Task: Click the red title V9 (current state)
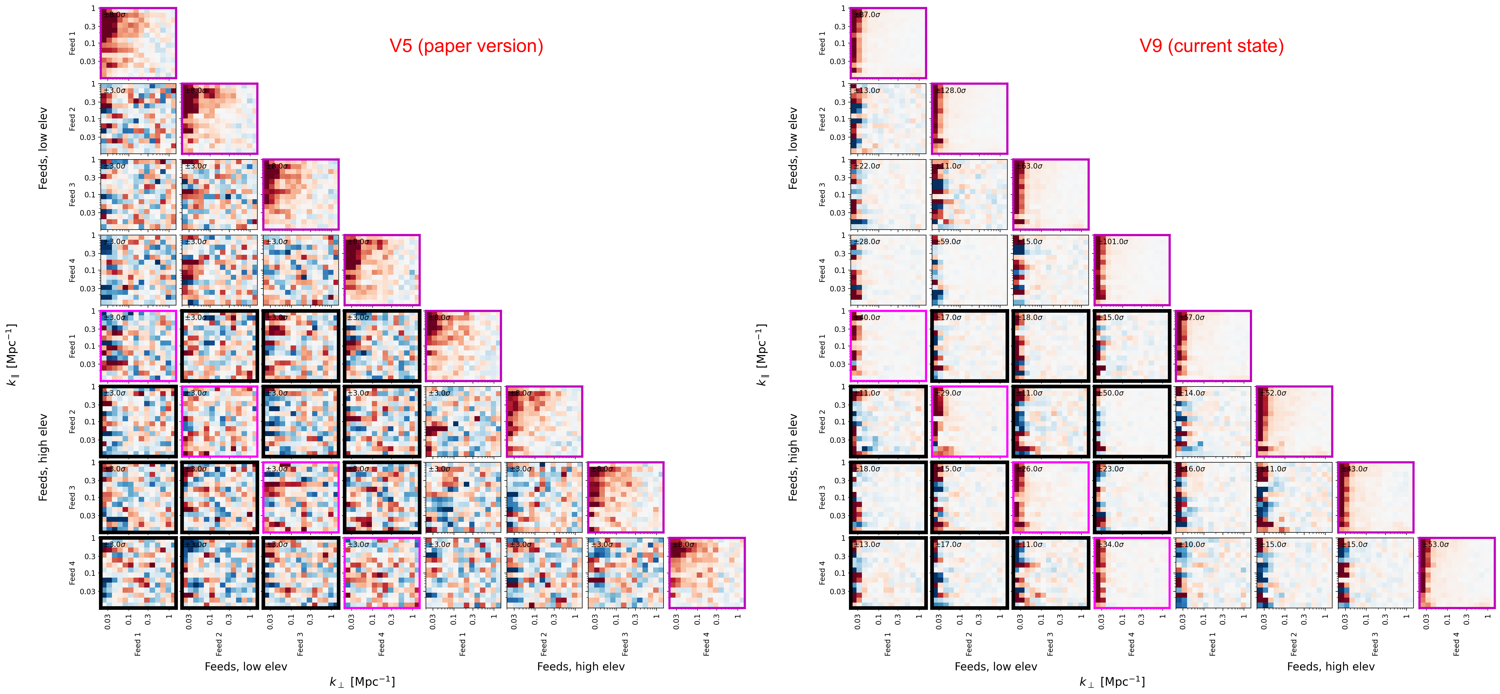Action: tap(1211, 46)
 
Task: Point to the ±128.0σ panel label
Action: tap(950, 90)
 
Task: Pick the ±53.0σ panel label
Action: tap(1436, 544)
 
